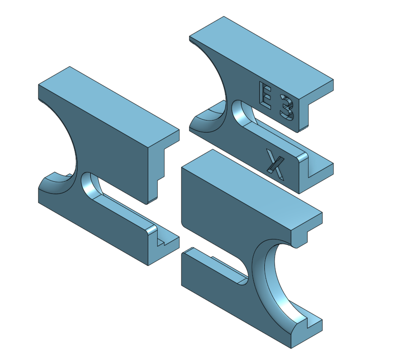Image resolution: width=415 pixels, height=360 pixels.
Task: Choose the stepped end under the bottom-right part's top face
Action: (x=304, y=233)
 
